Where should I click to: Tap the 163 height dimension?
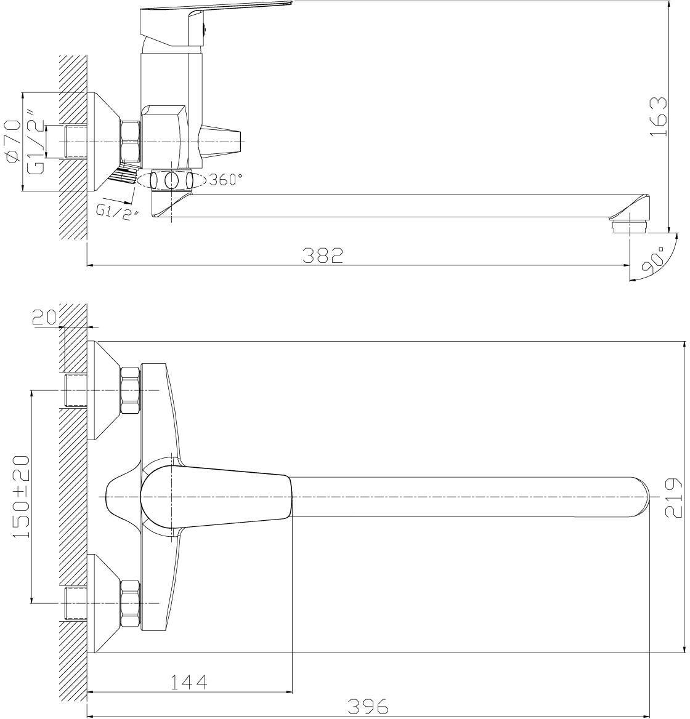point(658,116)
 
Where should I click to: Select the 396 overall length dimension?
point(368,706)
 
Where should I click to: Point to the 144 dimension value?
point(189,681)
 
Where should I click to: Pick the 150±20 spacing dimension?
point(21,497)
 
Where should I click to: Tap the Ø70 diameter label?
point(12,141)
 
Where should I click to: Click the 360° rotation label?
point(225,179)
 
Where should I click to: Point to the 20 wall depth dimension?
point(44,316)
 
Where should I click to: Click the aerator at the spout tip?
point(628,226)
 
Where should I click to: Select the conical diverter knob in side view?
point(220,141)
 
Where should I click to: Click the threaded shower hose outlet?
point(123,174)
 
